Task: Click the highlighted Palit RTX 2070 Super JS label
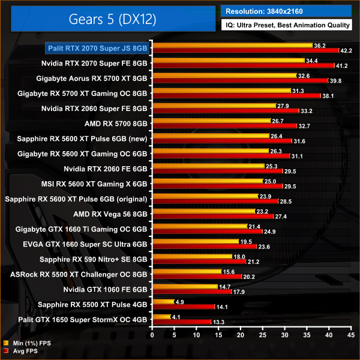pos(98,47)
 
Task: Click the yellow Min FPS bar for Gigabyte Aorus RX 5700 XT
pos(224,76)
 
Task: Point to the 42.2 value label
pos(346,50)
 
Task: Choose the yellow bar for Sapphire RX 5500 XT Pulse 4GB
pos(163,301)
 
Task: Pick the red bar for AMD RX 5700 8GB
pos(225,125)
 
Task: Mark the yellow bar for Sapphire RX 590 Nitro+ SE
pos(192,256)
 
